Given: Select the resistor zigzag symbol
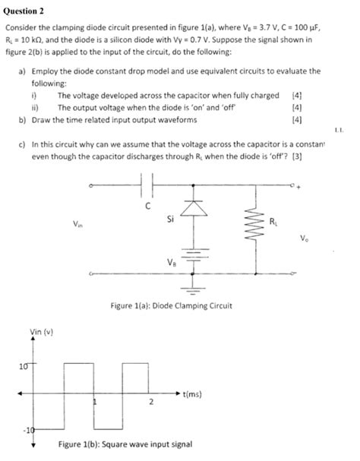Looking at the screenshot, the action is (248, 225).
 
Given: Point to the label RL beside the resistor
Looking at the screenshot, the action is (273, 221).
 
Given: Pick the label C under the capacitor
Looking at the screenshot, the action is (149, 204).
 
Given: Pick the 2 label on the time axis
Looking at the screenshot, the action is (150, 403).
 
